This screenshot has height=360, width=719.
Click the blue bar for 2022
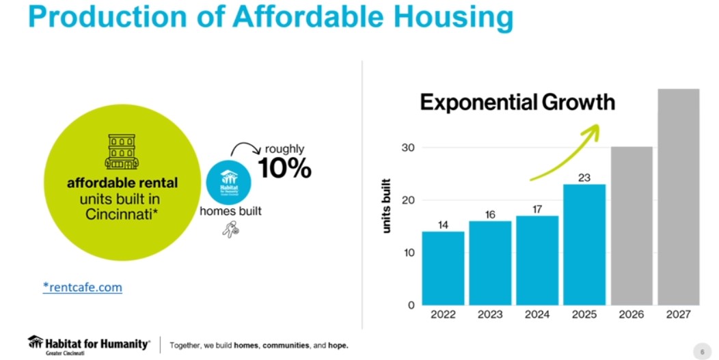pyautogui.click(x=443, y=268)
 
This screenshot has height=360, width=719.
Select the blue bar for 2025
pyautogui.click(x=584, y=244)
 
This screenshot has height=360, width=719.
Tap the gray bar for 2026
pyautogui.click(x=632, y=225)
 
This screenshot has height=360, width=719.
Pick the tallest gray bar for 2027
pyautogui.click(x=679, y=197)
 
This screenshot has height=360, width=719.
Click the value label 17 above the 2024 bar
pyautogui.click(x=537, y=209)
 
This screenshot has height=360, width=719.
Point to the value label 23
pyautogui.click(x=584, y=177)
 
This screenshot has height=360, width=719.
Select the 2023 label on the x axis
pyautogui.click(x=490, y=315)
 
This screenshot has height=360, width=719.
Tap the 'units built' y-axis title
pyautogui.click(x=387, y=206)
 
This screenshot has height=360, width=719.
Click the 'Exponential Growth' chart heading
pyautogui.click(x=517, y=102)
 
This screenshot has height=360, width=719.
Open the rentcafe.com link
pyautogui.click(x=82, y=288)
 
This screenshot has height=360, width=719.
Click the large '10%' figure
pyautogui.click(x=284, y=167)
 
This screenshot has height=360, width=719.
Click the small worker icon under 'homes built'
pyautogui.click(x=230, y=230)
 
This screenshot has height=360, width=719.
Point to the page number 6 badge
pyautogui.click(x=701, y=351)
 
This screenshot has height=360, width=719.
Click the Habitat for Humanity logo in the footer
pyautogui.click(x=89, y=344)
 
